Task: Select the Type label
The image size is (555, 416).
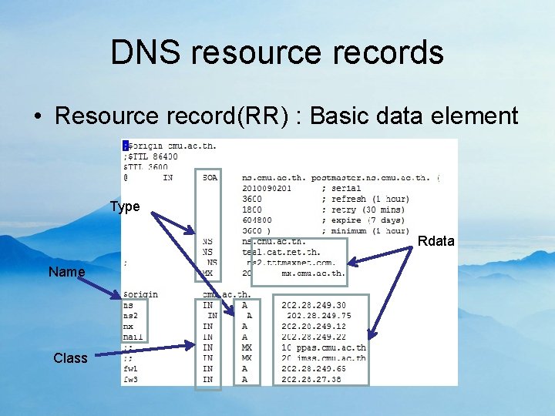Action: click(125, 206)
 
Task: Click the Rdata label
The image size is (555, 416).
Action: click(436, 242)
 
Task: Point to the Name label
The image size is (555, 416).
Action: click(66, 272)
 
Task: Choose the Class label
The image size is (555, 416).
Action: click(70, 358)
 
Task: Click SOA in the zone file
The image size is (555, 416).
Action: click(210, 177)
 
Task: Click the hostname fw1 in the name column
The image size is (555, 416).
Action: click(130, 368)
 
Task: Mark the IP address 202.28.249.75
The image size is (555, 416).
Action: click(318, 315)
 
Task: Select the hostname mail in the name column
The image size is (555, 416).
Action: click(133, 337)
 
